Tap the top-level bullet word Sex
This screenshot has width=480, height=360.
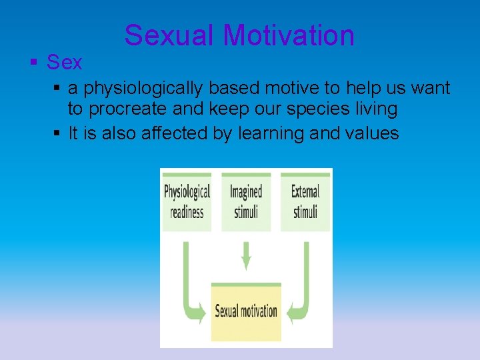64,63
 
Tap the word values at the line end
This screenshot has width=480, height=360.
371,133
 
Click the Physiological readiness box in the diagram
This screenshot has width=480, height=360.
187,201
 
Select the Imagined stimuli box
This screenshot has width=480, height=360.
246,201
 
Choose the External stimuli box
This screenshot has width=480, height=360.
305,201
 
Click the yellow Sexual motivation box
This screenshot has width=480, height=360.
246,311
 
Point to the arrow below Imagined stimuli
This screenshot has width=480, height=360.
246,255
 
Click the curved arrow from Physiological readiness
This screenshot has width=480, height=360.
189,287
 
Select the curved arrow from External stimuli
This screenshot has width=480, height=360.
303,287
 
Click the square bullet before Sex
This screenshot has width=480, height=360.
33,63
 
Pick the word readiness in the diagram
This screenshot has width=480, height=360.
187,213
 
